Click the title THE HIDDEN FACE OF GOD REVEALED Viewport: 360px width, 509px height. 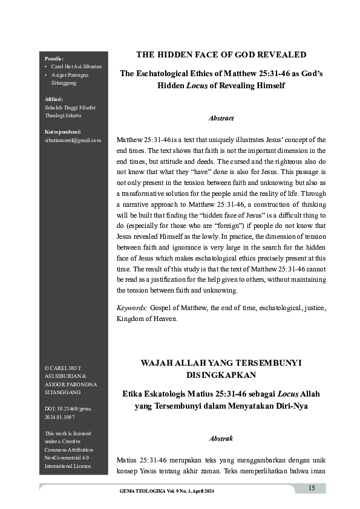click(x=221, y=54)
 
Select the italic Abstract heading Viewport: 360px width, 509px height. click(x=221, y=118)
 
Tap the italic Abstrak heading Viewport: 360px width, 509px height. click(x=221, y=438)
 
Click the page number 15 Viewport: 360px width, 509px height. click(x=312, y=488)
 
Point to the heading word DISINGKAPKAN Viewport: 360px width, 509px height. click(x=221, y=374)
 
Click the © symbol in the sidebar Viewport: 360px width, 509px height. click(x=47, y=368)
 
